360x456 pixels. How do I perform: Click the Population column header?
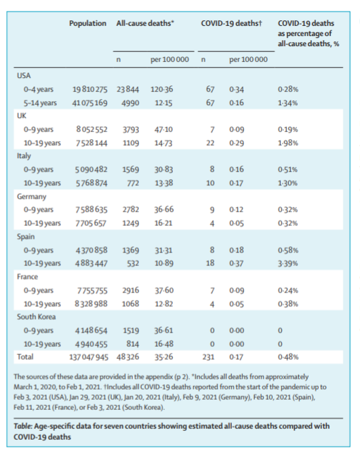click(x=87, y=23)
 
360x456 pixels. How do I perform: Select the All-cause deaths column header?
click(x=145, y=23)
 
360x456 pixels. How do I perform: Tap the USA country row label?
click(x=24, y=75)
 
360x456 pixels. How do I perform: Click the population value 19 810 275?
click(x=89, y=90)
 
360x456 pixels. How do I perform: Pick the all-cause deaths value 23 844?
click(x=128, y=90)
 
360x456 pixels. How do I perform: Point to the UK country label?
click(x=22, y=116)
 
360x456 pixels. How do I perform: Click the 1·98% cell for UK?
click(x=288, y=143)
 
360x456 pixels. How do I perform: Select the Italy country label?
click(x=24, y=156)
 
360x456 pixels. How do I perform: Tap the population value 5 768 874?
click(x=92, y=183)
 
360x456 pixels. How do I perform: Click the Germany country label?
click(x=31, y=197)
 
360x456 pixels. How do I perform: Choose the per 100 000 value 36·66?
click(x=164, y=210)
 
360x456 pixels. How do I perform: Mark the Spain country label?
click(x=26, y=237)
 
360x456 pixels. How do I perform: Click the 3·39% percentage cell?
click(x=288, y=263)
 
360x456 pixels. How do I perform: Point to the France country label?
click(x=27, y=277)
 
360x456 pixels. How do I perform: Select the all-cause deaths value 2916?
click(x=131, y=290)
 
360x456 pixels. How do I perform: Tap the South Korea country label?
click(x=36, y=317)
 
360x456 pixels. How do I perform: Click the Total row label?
click(x=25, y=357)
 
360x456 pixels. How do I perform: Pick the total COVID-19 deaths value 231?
click(x=208, y=357)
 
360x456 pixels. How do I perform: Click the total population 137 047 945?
click(x=89, y=357)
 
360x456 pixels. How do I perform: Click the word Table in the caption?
click(x=22, y=426)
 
